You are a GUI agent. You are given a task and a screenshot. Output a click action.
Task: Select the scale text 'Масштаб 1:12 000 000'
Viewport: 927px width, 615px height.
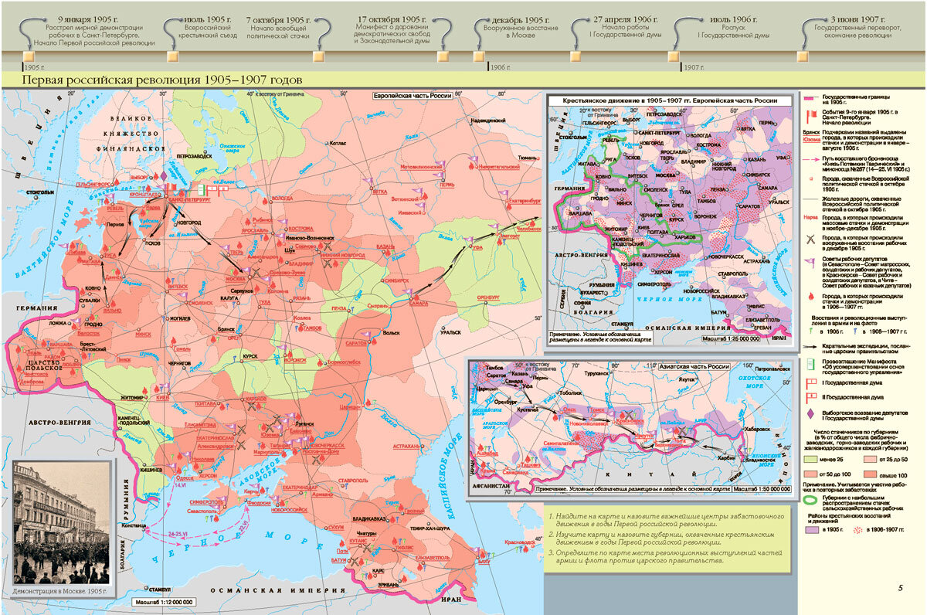(165, 601)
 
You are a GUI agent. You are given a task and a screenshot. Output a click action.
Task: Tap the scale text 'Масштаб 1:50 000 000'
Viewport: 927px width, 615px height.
(762, 489)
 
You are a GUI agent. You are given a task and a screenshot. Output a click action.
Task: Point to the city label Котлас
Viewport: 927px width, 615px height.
(338, 143)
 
